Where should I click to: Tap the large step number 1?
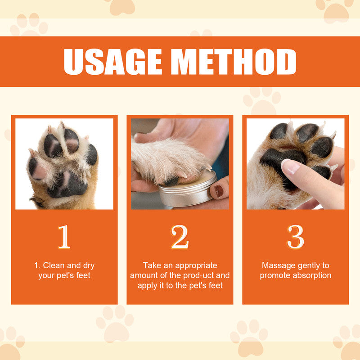[64, 237]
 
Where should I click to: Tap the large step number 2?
[180, 237]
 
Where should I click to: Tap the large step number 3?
[295, 237]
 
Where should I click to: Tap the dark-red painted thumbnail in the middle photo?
[219, 191]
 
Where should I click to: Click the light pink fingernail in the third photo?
[290, 166]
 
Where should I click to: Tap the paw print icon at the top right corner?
[335, 9]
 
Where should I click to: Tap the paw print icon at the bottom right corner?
[346, 342]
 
